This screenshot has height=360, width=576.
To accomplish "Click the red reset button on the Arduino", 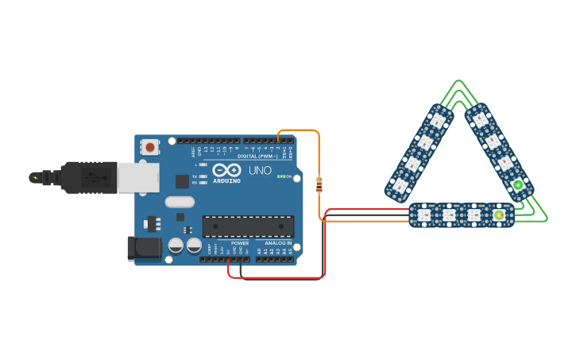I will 149,147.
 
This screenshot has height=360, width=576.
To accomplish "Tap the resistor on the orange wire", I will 319,185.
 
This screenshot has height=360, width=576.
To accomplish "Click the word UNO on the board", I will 260,171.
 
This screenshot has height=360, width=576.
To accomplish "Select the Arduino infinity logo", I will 226,170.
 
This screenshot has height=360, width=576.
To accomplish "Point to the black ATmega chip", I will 248,226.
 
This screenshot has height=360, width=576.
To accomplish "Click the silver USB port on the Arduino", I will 137,178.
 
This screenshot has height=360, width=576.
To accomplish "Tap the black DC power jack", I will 145,249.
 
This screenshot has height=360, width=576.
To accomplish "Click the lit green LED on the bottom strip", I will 499,215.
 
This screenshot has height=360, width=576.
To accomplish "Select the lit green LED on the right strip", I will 518,185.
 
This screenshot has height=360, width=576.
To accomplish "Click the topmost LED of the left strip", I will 438,121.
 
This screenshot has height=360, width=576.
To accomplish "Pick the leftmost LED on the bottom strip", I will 423,215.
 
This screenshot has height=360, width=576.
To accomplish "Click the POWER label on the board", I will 240,243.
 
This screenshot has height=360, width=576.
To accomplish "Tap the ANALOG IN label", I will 278,243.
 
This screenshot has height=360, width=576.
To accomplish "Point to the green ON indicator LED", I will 280,176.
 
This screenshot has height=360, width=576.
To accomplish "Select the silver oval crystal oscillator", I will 180,202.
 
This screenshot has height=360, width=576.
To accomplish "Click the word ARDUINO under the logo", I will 226,181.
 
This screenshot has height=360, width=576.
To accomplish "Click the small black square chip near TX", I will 183,181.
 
